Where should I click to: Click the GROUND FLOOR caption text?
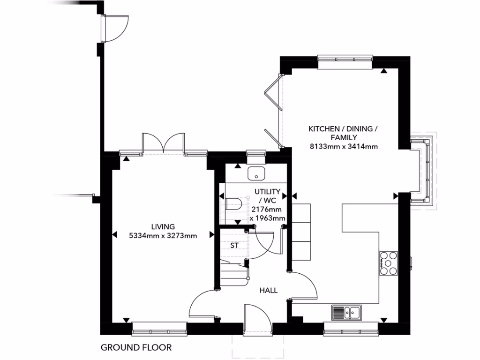(x=136, y=347)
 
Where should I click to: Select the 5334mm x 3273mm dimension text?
(x=163, y=236)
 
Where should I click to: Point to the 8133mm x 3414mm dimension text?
(x=344, y=147)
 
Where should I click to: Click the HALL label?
(x=269, y=290)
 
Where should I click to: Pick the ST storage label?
(x=234, y=245)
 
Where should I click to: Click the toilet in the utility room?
(x=233, y=203)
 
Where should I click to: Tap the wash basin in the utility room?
(x=256, y=173)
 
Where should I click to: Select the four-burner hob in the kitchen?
(x=388, y=263)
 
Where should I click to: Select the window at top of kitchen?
(x=345, y=58)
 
